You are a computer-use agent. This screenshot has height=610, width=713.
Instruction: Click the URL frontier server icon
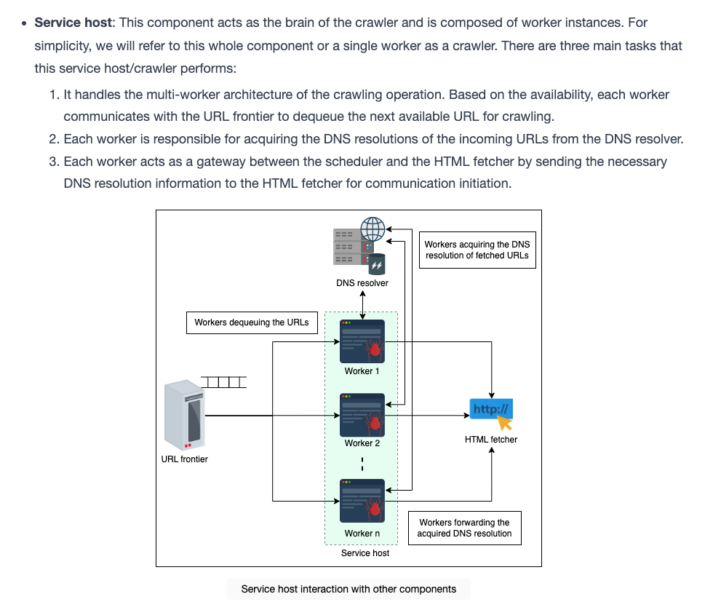tap(184, 414)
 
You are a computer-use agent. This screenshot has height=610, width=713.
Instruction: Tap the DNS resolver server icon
tap(359, 246)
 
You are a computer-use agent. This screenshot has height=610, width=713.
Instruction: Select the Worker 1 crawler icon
tap(362, 341)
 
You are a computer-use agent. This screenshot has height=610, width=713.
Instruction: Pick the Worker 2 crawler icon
tap(362, 415)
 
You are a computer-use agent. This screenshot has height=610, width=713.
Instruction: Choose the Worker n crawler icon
tap(362, 500)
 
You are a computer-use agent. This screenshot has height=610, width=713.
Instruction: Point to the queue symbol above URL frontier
tap(224, 382)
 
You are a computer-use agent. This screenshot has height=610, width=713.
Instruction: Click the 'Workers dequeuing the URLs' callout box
tap(252, 322)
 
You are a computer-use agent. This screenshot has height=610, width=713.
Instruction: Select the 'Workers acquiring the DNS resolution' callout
tap(477, 250)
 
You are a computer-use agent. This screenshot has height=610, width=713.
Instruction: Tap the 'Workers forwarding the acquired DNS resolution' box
tap(465, 528)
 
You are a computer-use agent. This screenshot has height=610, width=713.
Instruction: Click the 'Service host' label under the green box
tap(365, 553)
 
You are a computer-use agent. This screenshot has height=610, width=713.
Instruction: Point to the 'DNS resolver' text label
tap(362, 283)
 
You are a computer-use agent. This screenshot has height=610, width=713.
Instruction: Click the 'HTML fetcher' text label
tap(491, 440)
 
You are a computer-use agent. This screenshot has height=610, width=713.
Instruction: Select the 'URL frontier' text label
tap(185, 459)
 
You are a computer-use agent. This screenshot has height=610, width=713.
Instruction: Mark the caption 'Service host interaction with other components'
tap(348, 589)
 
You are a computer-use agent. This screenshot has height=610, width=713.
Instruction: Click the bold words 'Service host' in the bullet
tap(73, 23)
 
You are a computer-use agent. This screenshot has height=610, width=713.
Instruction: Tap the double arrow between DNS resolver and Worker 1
tap(362, 305)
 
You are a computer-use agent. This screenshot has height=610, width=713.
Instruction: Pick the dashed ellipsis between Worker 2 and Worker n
tap(362, 464)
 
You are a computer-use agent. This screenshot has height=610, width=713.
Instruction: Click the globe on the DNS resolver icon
tap(373, 229)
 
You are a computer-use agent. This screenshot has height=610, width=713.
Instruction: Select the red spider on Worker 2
tap(374, 421)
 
